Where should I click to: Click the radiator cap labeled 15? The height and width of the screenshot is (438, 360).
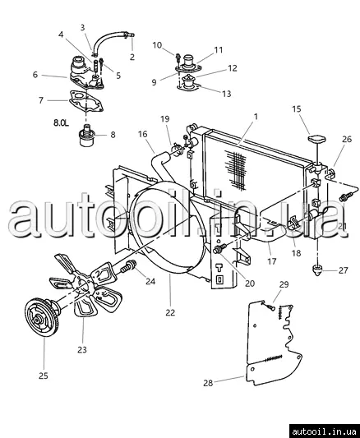tap(317, 139)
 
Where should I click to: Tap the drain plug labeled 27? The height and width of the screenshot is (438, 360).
tap(317, 270)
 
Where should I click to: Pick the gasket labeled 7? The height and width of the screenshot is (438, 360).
tap(86, 101)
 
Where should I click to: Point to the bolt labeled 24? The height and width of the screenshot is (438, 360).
tap(128, 267)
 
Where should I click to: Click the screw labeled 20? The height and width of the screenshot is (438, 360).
tap(219, 249)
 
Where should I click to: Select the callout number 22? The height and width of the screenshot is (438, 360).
tap(170, 312)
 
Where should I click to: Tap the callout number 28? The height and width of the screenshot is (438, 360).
tap(208, 383)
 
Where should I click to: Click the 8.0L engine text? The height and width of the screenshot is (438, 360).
tap(61, 122)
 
